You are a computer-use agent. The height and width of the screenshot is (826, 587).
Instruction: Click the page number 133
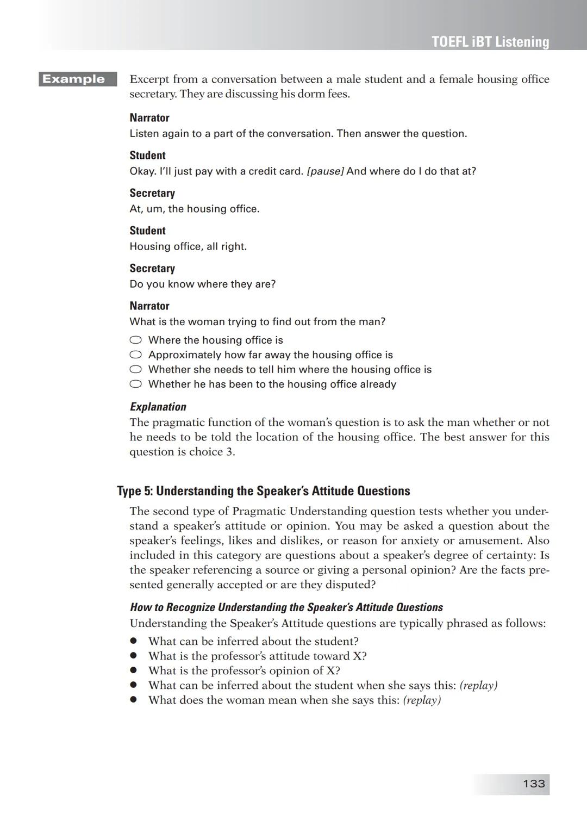click(x=533, y=784)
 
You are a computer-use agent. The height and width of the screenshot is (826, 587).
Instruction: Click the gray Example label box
click(x=77, y=79)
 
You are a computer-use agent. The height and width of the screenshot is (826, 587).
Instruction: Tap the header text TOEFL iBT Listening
click(x=490, y=42)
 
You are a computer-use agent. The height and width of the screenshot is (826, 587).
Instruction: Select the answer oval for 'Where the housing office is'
click(x=136, y=340)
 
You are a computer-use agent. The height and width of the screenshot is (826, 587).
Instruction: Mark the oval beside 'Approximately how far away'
click(x=136, y=355)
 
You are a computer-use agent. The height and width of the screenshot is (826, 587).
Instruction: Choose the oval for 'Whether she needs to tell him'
click(x=136, y=369)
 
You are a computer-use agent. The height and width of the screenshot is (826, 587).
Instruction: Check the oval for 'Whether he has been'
click(x=136, y=384)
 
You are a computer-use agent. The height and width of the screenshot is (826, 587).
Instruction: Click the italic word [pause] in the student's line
click(x=325, y=171)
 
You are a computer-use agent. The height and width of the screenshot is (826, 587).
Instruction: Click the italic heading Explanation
click(x=158, y=407)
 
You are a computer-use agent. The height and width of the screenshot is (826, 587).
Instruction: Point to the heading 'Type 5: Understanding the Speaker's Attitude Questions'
click(x=264, y=491)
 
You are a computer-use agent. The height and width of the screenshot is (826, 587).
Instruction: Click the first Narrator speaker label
click(x=149, y=118)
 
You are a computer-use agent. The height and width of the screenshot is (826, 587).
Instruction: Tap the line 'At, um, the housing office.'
click(x=194, y=209)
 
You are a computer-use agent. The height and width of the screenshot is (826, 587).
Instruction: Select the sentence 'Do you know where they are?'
click(x=202, y=284)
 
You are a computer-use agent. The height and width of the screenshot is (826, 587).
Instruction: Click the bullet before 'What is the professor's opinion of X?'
click(x=133, y=670)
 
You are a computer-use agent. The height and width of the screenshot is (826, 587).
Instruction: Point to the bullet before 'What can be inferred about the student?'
click(x=133, y=641)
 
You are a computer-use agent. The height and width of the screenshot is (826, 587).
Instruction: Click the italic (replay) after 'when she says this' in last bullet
click(x=422, y=700)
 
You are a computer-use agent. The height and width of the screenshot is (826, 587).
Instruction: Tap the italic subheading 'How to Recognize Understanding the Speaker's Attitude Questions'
click(x=286, y=607)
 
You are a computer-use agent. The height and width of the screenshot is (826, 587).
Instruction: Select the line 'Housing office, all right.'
click(x=188, y=246)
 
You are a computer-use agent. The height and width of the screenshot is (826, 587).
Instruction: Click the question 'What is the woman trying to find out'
click(x=257, y=322)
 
